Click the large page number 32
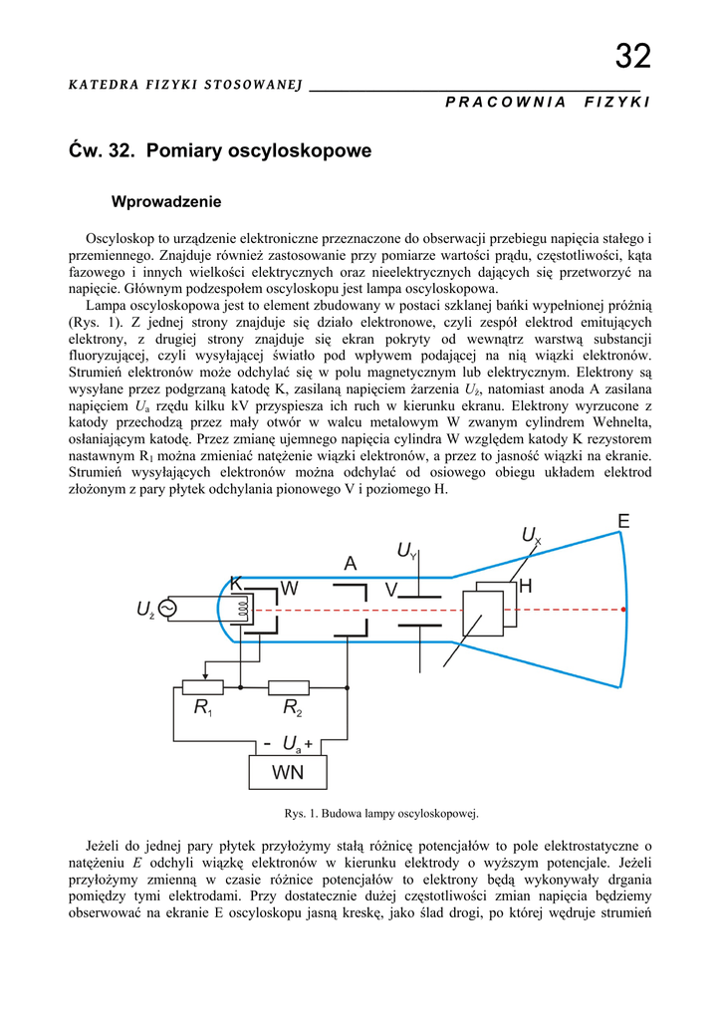tap(632, 57)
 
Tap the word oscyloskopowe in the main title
tap(300, 151)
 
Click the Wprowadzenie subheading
tap(166, 202)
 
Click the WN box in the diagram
tap(288, 772)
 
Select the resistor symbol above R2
tap(289, 686)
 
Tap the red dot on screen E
tap(625, 608)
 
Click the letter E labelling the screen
tap(623, 522)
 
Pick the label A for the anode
tap(351, 564)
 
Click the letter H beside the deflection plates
tap(526, 588)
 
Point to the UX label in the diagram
tap(531, 537)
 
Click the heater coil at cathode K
tap(240, 607)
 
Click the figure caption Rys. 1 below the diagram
tap(382, 813)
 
